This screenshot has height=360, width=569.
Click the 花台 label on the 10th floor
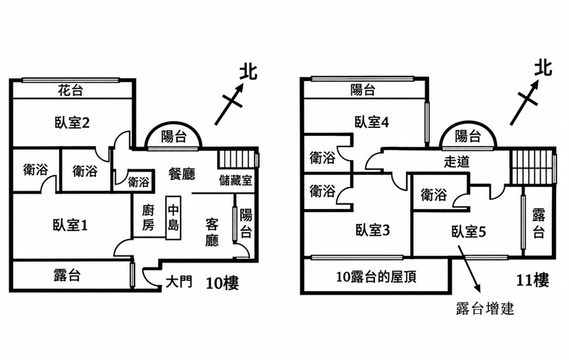[x=70, y=90]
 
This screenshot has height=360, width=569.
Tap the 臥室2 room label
[x=73, y=122]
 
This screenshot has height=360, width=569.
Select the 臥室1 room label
[x=70, y=226]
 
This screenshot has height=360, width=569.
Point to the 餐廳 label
[x=181, y=174]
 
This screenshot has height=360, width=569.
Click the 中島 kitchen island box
[x=173, y=218]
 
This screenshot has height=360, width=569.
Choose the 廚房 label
[x=148, y=218]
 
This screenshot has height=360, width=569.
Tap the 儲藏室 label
[x=236, y=181]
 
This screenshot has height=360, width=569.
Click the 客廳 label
[x=212, y=232]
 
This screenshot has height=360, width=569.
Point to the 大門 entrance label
[x=179, y=282]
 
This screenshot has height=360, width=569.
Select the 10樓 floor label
[x=223, y=282]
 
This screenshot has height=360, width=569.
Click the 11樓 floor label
[x=532, y=280]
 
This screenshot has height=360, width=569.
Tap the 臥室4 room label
[x=372, y=122]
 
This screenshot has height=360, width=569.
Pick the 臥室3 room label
[x=373, y=230]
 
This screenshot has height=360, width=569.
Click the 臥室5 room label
[x=469, y=231]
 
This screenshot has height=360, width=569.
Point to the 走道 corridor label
[x=457, y=162]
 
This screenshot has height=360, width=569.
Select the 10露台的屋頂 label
[x=376, y=277]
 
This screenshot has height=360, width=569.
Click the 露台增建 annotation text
[x=485, y=309]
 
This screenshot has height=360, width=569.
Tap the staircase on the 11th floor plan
[x=531, y=166]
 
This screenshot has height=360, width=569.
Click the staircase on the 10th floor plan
[x=237, y=159]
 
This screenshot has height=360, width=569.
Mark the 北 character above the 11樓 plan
[x=543, y=68]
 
